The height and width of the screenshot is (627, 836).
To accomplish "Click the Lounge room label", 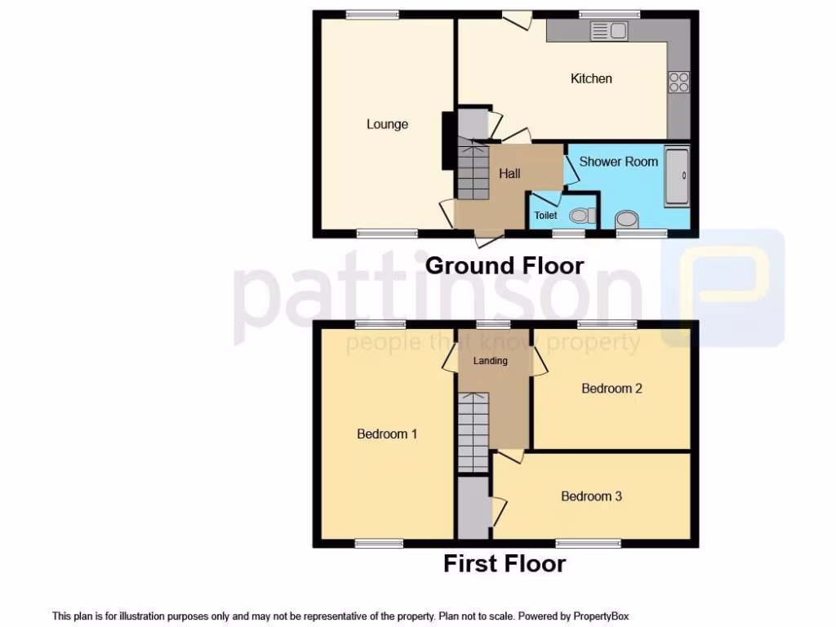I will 387,124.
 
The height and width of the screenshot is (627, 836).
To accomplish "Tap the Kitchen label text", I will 591,78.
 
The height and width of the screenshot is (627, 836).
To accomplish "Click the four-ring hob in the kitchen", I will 678,82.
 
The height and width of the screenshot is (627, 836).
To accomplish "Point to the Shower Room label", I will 618,162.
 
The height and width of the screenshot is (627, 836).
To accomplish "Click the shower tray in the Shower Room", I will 677,177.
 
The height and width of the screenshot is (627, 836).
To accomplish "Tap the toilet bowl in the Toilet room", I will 580,216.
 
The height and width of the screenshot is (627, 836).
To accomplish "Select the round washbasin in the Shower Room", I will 627,219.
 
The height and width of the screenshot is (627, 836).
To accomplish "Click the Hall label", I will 509,173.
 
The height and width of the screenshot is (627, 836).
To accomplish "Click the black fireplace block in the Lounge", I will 448,140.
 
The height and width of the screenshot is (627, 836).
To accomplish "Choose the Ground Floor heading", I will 505,265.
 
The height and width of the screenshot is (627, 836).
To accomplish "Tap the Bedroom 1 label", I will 387,434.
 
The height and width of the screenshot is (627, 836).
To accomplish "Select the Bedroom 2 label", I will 611,389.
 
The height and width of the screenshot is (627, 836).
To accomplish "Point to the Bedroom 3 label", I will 591,496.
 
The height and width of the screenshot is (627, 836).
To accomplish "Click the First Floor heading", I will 505,563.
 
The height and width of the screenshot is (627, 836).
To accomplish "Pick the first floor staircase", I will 473,432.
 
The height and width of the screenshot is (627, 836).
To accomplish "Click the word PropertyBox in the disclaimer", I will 600,616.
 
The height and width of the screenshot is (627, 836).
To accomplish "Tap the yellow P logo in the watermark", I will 722,287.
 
